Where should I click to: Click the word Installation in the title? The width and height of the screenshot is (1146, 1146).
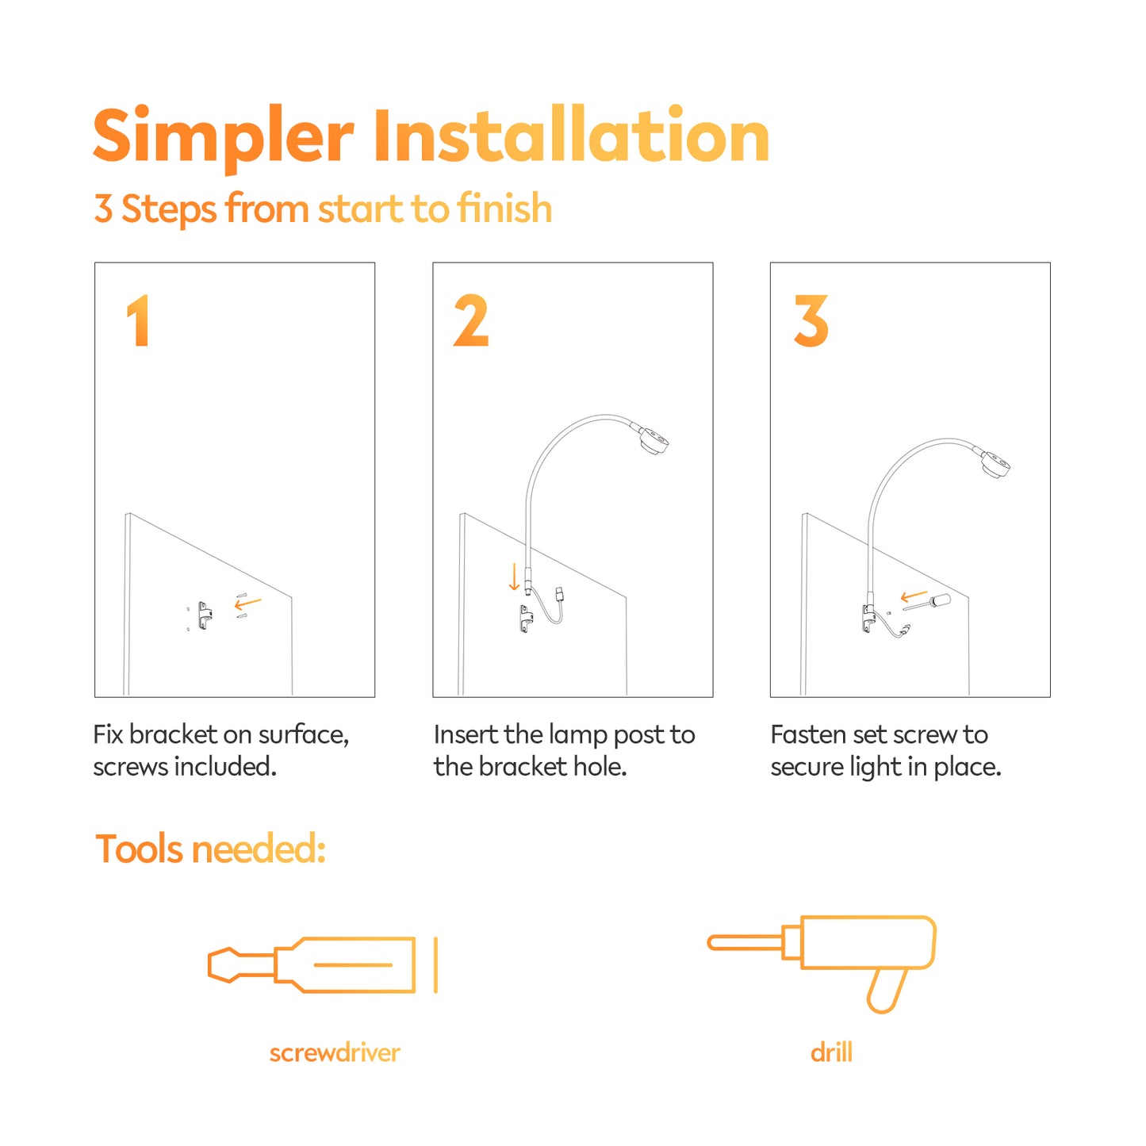572,134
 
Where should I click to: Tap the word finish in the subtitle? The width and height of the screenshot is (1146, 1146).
504,208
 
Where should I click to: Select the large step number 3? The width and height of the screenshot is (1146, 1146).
811,320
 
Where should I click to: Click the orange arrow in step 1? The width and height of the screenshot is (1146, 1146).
247,604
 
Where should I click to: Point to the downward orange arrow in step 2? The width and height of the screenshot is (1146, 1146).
514,577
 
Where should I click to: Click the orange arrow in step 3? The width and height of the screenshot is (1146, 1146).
914,596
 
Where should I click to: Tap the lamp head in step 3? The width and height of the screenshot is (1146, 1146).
994,464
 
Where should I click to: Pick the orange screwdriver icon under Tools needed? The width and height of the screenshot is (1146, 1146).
323,964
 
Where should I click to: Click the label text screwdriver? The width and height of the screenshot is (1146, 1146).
335,1052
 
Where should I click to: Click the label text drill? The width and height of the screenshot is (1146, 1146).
831,1052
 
